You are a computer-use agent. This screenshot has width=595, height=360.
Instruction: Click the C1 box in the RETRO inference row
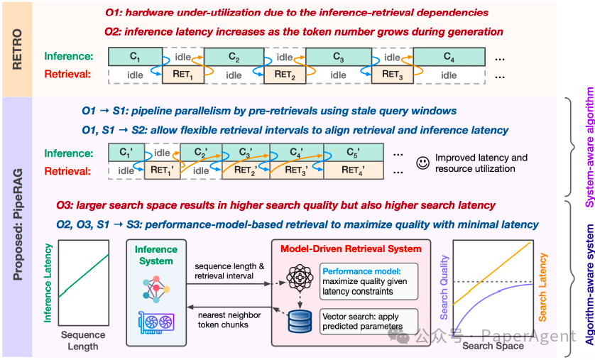click(x=134, y=57)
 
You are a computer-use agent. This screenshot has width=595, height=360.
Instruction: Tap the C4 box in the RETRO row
click(x=449, y=57)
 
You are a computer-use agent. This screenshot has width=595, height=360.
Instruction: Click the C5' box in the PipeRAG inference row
click(x=351, y=153)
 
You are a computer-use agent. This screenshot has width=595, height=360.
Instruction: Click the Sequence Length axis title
click(x=82, y=341)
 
